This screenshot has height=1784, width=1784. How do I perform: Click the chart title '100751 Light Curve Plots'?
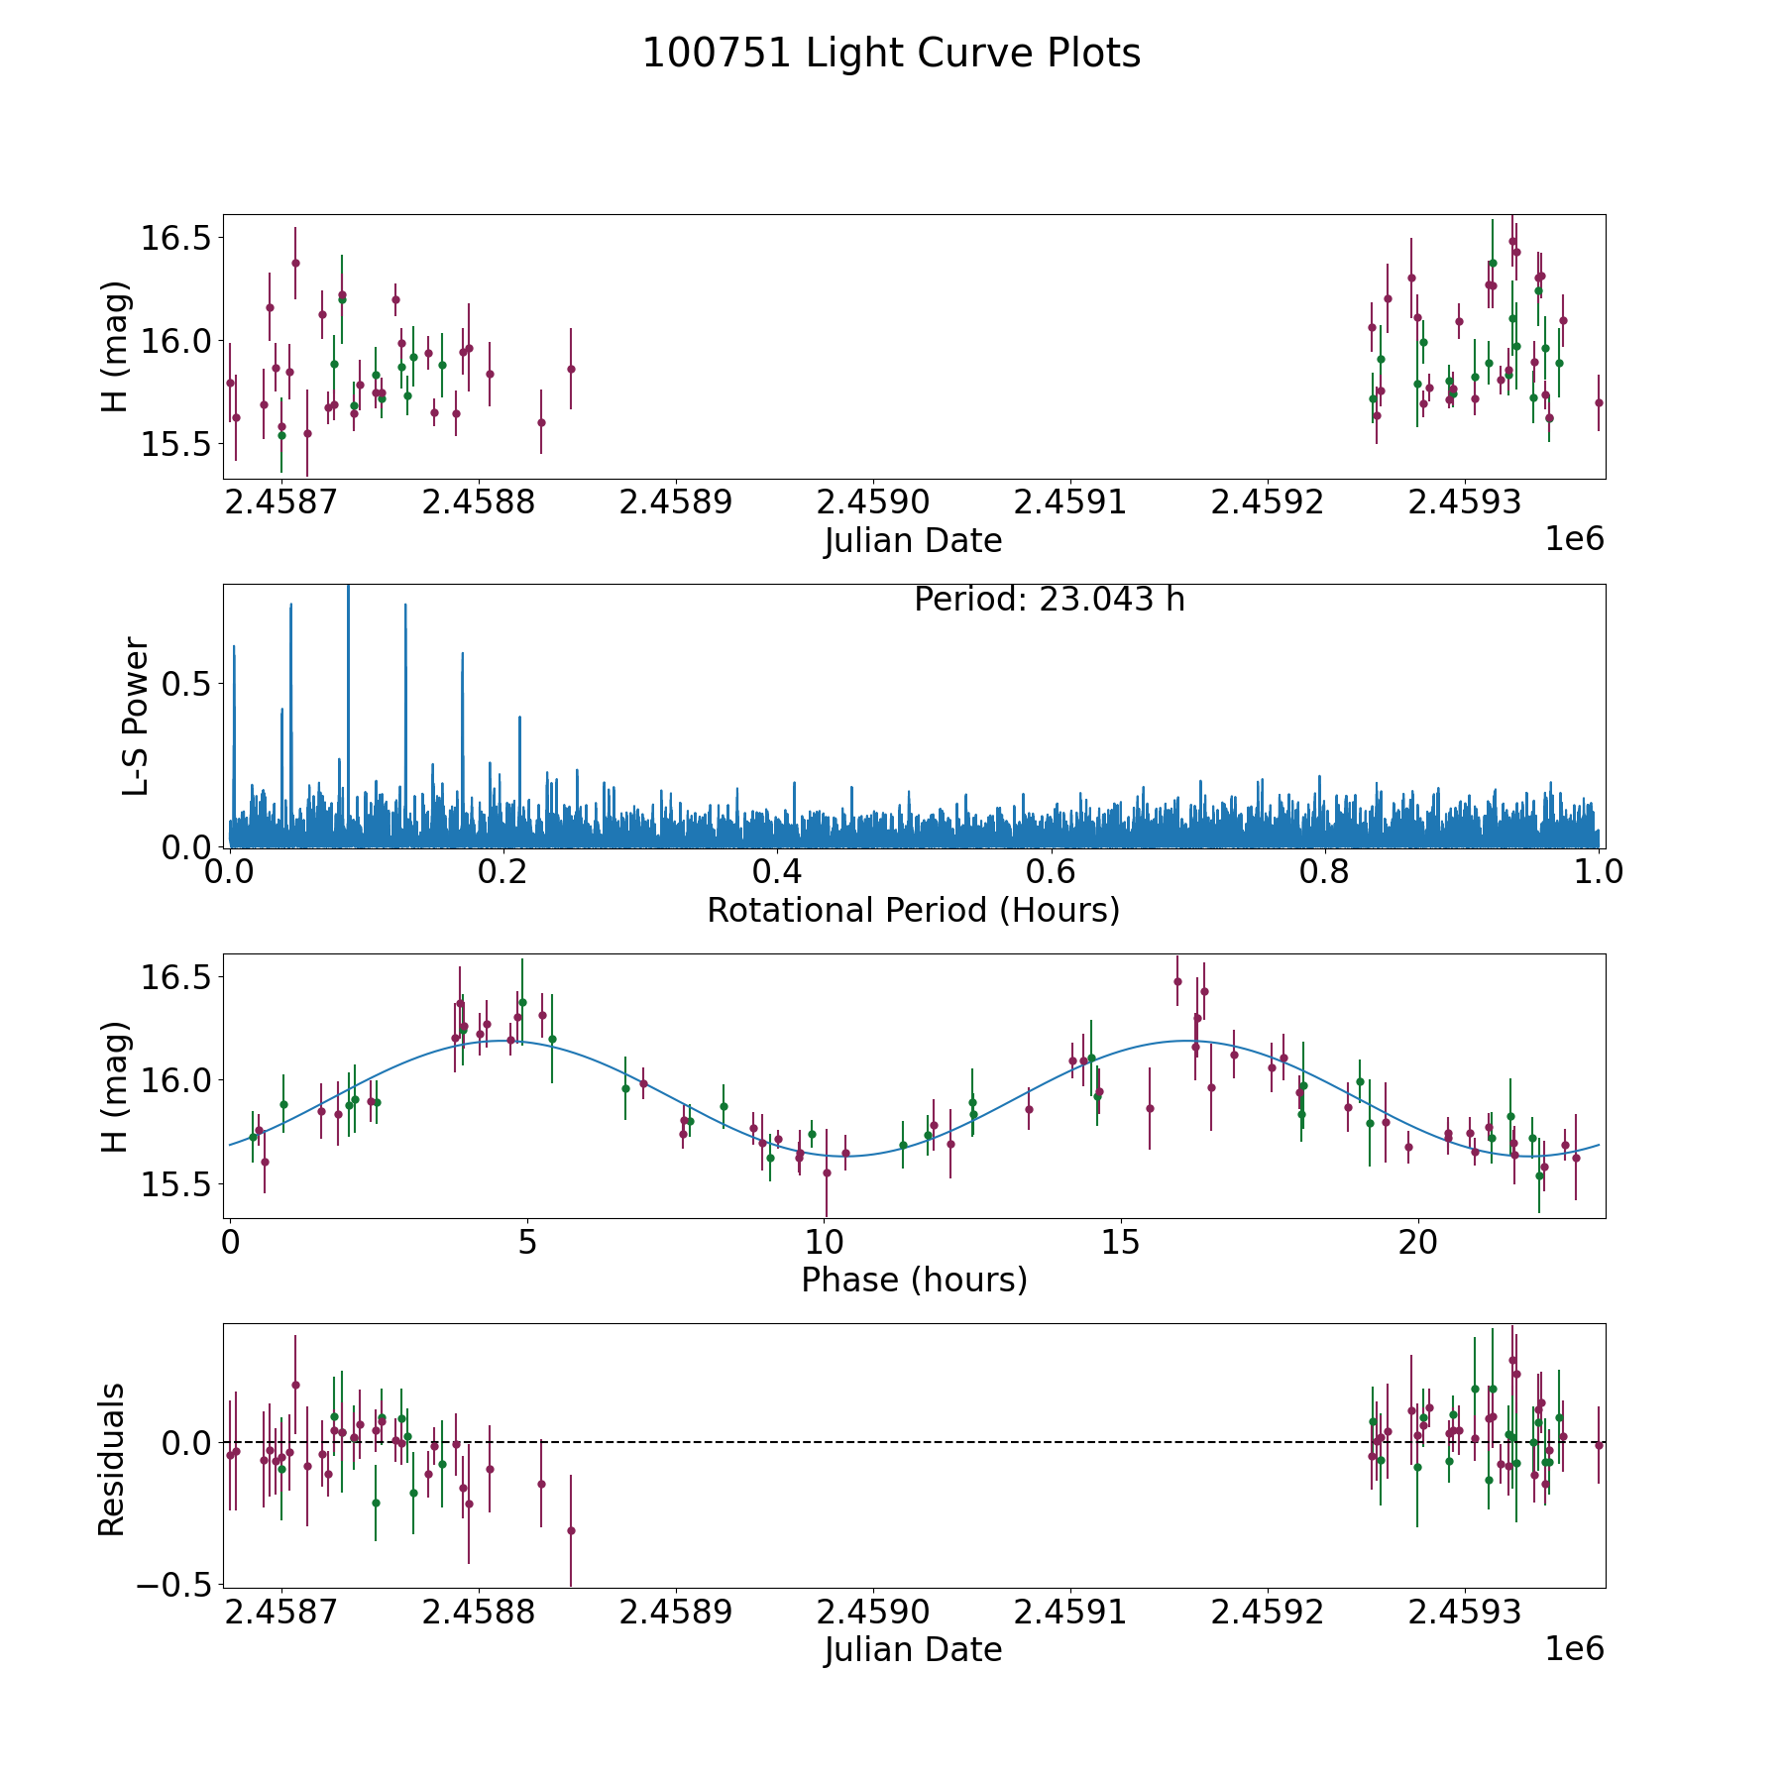pos(891,54)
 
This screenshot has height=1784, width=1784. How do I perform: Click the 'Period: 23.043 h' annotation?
pos(1049,600)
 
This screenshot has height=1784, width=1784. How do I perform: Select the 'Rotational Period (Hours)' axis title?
pos(913,910)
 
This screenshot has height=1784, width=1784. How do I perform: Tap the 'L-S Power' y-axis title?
pos(137,716)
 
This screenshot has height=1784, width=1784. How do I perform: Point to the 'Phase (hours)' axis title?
pos(913,1280)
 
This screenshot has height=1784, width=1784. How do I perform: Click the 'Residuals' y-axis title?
pos(111,1459)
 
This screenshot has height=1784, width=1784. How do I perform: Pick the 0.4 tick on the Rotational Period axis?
pos(777,872)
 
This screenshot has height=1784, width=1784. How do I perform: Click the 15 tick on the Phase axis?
pos(1121,1242)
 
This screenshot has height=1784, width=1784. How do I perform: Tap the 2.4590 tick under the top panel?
pos(873,502)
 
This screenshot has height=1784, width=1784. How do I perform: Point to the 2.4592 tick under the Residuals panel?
pos(1268,1613)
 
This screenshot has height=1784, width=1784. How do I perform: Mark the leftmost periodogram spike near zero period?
pos(234,648)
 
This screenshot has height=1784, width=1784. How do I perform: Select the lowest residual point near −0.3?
pos(571,1530)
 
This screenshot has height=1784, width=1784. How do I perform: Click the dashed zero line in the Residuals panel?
pos(892,1442)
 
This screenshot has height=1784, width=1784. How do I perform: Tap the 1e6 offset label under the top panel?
pos(1574,539)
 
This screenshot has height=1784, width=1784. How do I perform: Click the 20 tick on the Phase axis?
pos(1418,1242)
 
